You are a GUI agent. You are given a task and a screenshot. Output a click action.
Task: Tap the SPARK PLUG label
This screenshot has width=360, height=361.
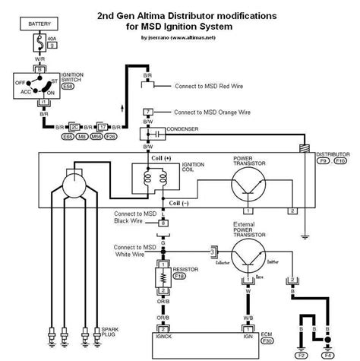[109, 332]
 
